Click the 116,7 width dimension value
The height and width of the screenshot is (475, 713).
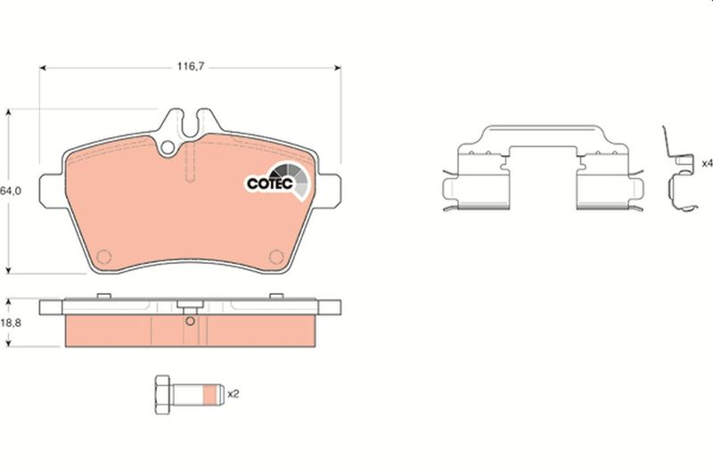click(x=191, y=66)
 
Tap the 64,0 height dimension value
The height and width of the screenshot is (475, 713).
click(x=10, y=191)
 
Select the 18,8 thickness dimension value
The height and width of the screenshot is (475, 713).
click(x=11, y=323)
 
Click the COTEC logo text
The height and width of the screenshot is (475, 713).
click(x=270, y=184)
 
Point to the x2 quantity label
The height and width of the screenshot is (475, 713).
click(x=233, y=394)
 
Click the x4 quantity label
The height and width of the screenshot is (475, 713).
click(x=707, y=163)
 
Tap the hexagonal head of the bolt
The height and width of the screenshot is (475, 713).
click(x=162, y=395)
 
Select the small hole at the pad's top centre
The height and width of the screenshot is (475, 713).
click(x=168, y=147)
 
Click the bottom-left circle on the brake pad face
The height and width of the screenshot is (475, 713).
click(x=103, y=257)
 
